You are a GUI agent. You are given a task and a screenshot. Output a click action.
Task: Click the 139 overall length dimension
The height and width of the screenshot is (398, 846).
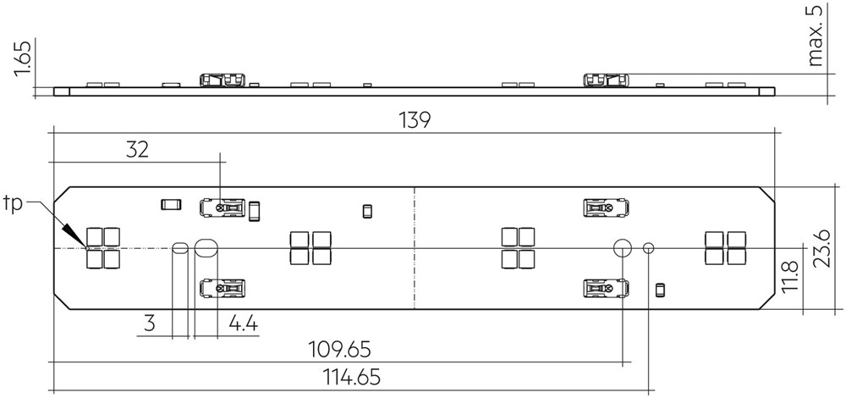415,120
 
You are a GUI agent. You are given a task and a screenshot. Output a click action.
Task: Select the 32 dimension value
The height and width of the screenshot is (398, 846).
137,150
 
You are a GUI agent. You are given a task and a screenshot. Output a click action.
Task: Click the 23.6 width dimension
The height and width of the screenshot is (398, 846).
821,248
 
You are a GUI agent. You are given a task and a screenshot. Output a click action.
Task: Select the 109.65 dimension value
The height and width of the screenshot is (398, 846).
339,350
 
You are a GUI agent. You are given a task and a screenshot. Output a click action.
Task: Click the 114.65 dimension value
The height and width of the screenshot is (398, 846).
351,377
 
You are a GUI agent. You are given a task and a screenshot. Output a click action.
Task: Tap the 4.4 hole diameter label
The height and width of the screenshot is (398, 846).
244,323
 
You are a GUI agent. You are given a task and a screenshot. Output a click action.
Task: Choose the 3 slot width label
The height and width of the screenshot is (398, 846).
150,323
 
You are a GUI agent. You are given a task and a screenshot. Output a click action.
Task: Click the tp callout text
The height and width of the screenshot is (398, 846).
14,204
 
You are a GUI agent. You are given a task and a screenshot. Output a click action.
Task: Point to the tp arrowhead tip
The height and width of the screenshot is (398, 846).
86,248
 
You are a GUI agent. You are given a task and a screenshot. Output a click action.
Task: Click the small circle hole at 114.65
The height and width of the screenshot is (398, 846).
649,248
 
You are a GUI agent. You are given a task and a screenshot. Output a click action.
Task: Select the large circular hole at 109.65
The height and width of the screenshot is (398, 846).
623,248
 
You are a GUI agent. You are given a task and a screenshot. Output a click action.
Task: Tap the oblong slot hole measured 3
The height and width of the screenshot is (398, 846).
180,248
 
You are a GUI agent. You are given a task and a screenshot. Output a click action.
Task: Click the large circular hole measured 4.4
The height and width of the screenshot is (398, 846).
206,248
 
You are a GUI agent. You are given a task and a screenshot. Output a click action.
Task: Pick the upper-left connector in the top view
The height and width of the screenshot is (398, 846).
222,208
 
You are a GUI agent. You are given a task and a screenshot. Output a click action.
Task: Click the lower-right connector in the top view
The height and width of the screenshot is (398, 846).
607,289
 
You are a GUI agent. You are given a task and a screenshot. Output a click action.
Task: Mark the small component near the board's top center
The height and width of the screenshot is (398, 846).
367,211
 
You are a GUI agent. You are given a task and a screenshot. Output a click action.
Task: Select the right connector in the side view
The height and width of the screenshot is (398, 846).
606,80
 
